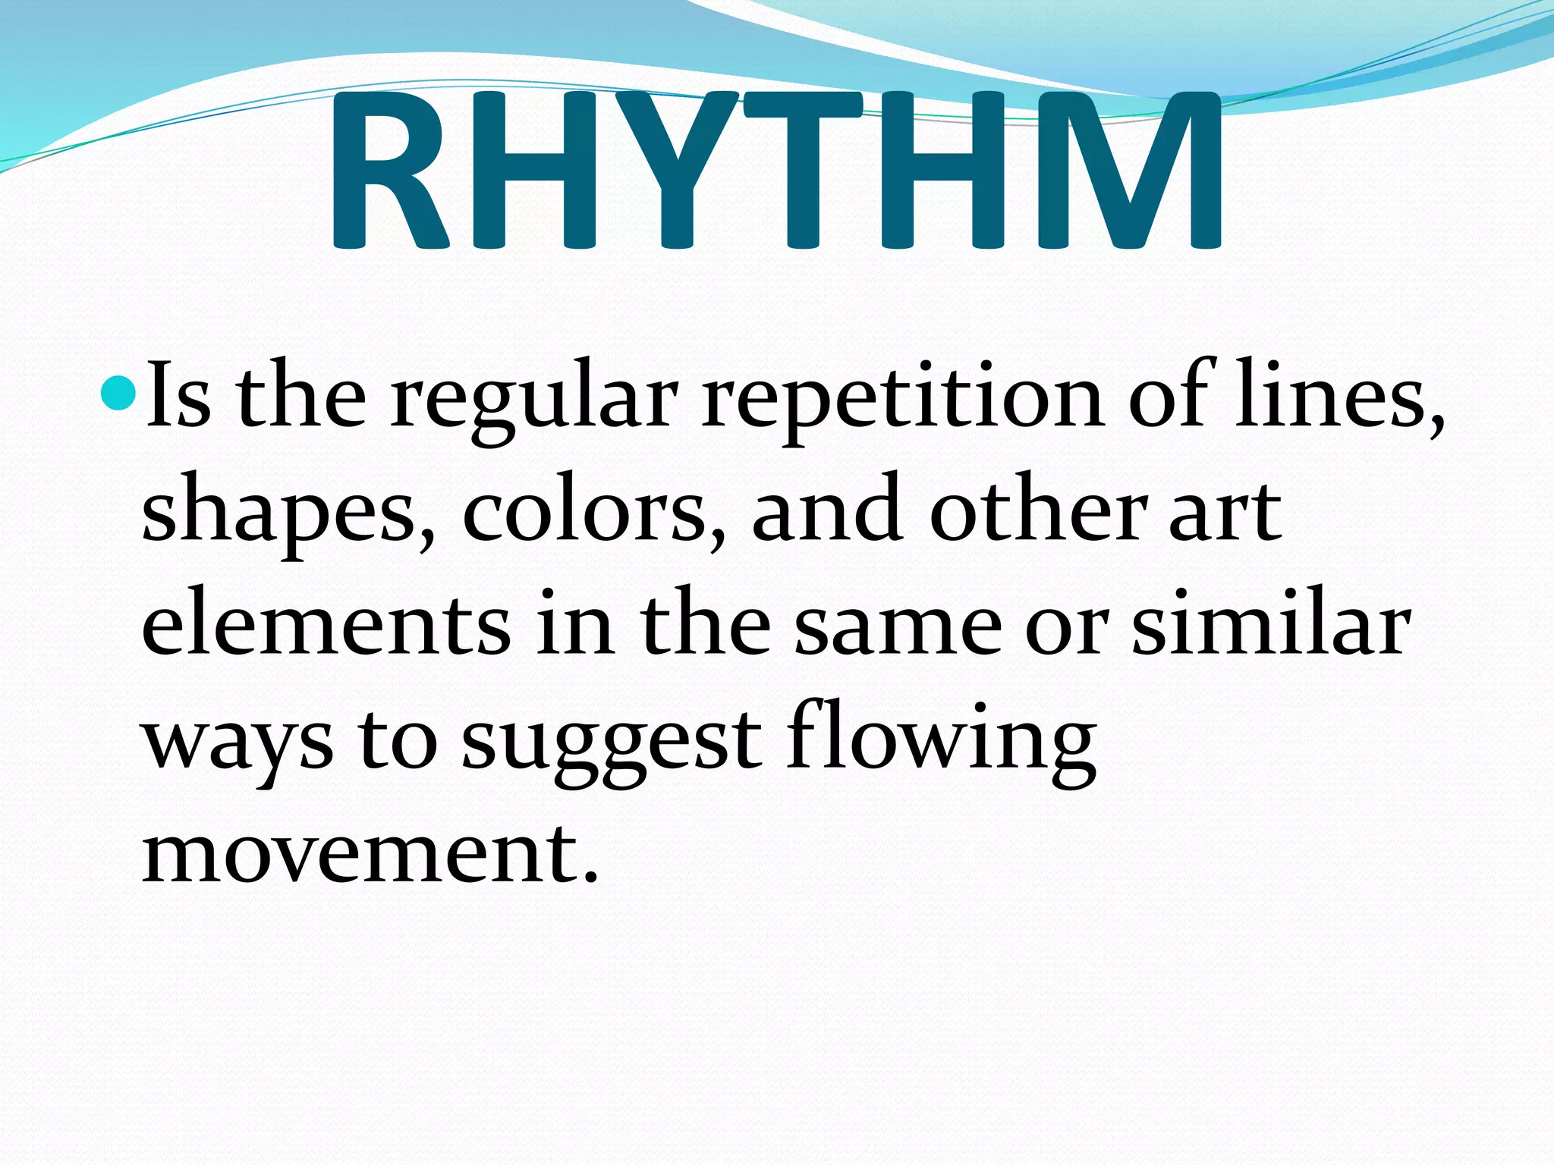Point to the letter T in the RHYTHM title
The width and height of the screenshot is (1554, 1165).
[801, 171]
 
